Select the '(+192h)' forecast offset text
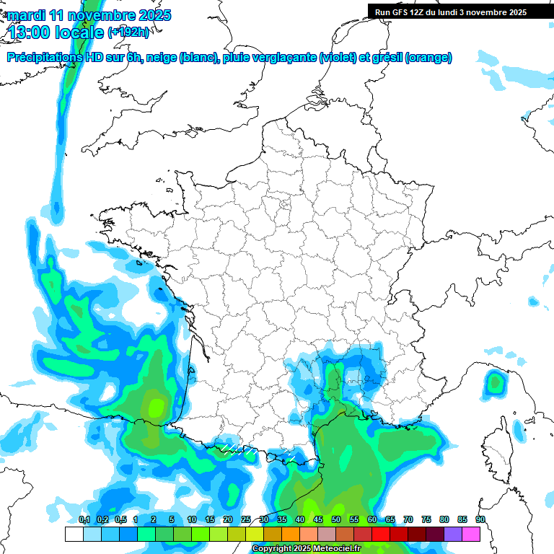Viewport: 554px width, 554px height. (128, 32)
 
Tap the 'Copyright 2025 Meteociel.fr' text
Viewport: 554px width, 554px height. (307, 549)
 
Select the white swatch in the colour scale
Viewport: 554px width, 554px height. (74, 534)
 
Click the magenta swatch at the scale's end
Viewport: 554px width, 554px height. (471, 534)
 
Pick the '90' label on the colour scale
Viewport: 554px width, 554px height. (480, 519)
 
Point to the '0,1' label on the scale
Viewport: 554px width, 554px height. (84, 519)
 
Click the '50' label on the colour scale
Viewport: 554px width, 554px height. (336, 519)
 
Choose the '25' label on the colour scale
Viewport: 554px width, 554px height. (246, 519)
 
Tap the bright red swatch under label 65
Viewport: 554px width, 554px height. (380, 534)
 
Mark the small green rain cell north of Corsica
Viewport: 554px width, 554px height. (495, 382)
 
